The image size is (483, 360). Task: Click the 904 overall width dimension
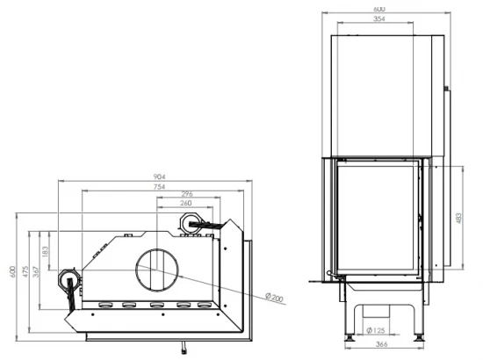click(160, 176)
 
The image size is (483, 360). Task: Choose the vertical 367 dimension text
click(37, 274)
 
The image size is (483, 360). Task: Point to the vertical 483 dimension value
click(460, 217)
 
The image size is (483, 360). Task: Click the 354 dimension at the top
click(378, 18)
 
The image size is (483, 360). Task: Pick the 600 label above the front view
click(378, 9)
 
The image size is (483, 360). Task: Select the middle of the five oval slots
click(157, 306)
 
